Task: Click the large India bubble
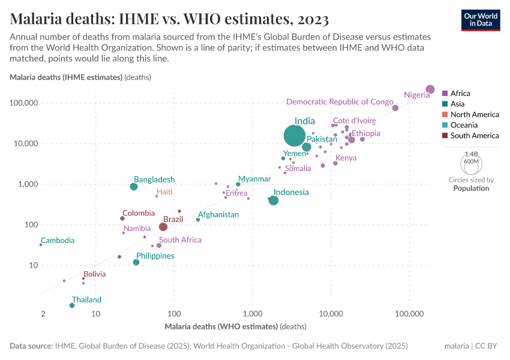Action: coord(294,136)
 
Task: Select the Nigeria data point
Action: coord(430,89)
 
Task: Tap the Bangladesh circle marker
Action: coord(134,187)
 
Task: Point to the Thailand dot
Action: coord(72,305)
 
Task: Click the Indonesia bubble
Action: coord(274,200)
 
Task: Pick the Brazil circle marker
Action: coord(163,227)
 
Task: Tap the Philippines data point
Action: coord(136,262)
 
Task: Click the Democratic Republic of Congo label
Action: coord(340,101)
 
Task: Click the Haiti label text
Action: coord(164,191)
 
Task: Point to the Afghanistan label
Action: coord(218,214)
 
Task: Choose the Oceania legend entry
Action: coord(464,125)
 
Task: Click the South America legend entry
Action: coord(475,136)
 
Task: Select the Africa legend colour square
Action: coord(445,94)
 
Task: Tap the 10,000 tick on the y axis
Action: coord(25,143)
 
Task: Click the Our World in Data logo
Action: coord(481,20)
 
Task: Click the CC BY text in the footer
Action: coord(488,346)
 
